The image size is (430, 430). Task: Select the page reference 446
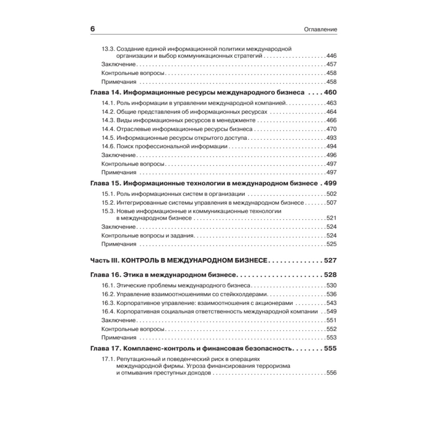click(332, 56)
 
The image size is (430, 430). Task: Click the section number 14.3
click(108, 120)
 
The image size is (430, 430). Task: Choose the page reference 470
click(332, 129)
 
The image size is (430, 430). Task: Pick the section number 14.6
click(108, 146)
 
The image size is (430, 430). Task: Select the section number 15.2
click(108, 202)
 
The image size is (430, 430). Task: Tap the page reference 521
click(332, 218)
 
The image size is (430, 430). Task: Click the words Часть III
click(104, 261)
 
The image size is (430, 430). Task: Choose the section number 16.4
click(108, 311)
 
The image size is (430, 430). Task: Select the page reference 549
click(332, 311)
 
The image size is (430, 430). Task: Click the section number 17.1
click(108, 358)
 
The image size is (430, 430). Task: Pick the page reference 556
click(332, 373)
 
